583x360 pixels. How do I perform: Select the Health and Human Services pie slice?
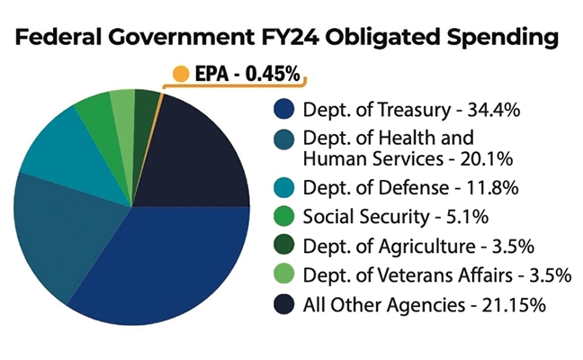click(49, 234)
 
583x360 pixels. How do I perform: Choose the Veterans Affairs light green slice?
click(121, 103)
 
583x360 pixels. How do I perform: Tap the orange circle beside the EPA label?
click(181, 73)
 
